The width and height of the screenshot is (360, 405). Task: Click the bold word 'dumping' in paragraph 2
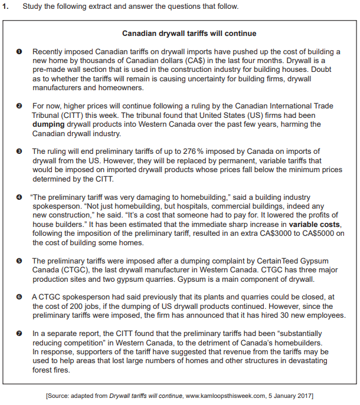(47, 124)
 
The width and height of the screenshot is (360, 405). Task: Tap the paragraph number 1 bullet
(19, 52)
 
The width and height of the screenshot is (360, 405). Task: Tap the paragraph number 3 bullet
(19, 152)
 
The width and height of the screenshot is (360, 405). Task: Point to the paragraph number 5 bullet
(19, 261)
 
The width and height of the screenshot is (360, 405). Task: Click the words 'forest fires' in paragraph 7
(51, 370)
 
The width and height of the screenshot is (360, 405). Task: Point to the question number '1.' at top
(8, 6)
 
